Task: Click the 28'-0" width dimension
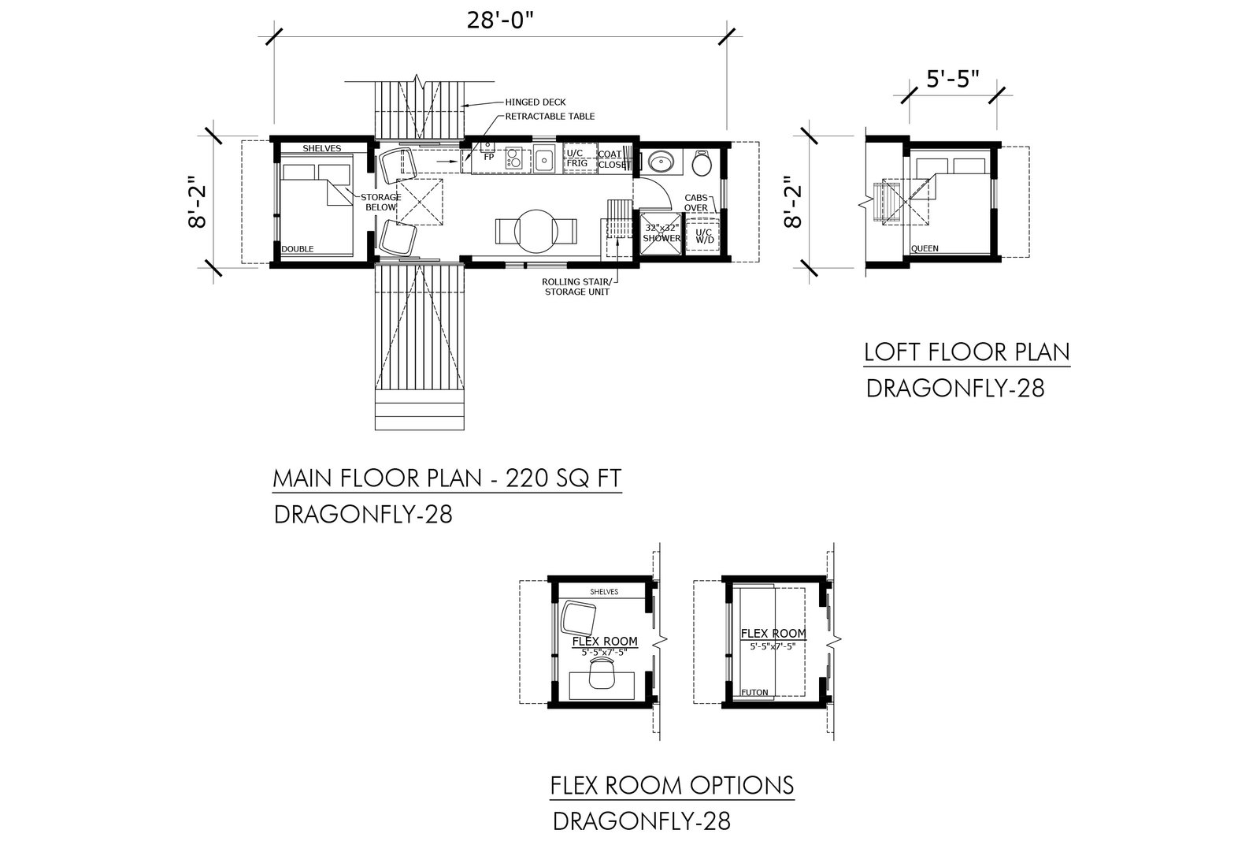tap(500, 20)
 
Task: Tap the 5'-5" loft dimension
tap(953, 80)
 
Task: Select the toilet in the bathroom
tap(702, 162)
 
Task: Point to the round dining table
tap(536, 232)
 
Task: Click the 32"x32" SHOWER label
tap(661, 233)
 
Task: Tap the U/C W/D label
tap(704, 236)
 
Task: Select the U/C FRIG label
tap(576, 158)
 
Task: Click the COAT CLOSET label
tap(611, 159)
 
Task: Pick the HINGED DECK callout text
tap(535, 102)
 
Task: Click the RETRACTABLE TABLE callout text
tap(550, 117)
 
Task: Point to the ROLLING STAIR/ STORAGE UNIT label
tap(578, 287)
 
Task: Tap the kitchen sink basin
tap(544, 159)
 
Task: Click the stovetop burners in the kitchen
tap(513, 158)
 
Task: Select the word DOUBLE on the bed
tap(297, 249)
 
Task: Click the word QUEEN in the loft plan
tap(925, 248)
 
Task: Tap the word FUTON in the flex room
tap(754, 692)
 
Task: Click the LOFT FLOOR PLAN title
tap(967, 352)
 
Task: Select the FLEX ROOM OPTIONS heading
tap(672, 785)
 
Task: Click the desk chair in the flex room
tap(602, 673)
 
